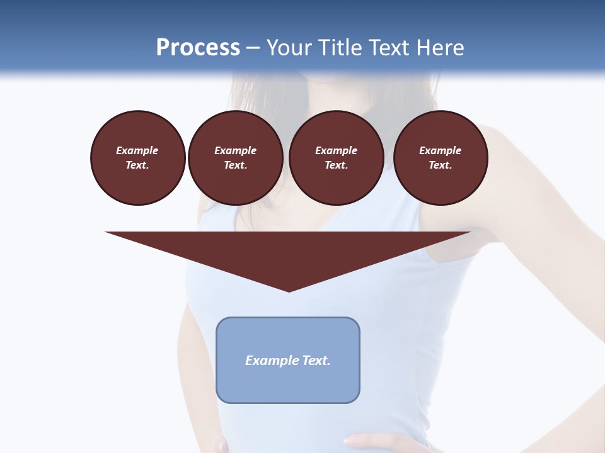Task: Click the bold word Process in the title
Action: point(198,48)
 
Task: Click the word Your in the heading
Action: point(290,48)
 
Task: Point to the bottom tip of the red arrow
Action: point(289,291)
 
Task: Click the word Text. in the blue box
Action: point(316,361)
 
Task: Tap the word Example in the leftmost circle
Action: point(137,150)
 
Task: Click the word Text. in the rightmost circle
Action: point(440,165)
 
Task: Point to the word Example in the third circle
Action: point(336,150)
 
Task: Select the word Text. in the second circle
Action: point(235,165)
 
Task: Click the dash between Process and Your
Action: point(253,48)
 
